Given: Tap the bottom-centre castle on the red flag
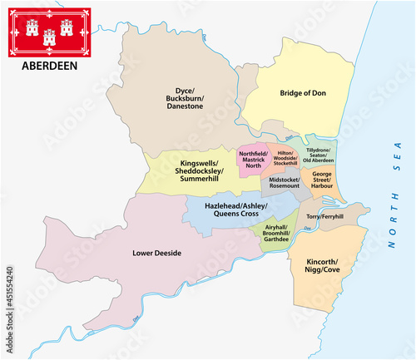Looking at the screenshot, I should [47, 36].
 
